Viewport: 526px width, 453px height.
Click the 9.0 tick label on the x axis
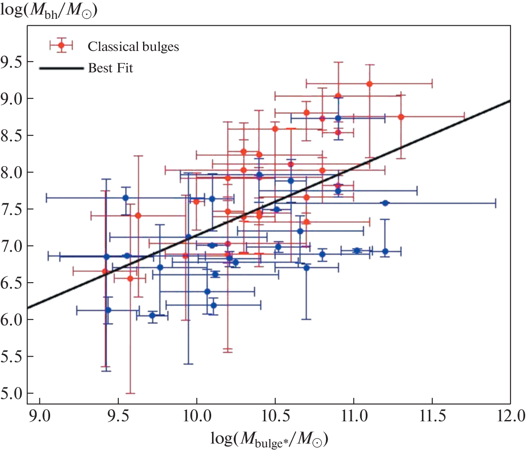pos(39,416)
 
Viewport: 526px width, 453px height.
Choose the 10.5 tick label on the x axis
pos(275,416)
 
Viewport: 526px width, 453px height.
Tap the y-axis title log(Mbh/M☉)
pos(49,9)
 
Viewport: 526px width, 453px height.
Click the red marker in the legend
pos(61,45)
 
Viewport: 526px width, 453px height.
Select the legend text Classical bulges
pos(133,47)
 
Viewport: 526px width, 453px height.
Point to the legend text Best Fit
pos(111,68)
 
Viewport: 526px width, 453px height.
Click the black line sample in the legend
pos(61,68)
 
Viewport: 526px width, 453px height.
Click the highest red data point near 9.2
pos(370,84)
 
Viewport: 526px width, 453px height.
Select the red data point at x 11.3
pos(401,117)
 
